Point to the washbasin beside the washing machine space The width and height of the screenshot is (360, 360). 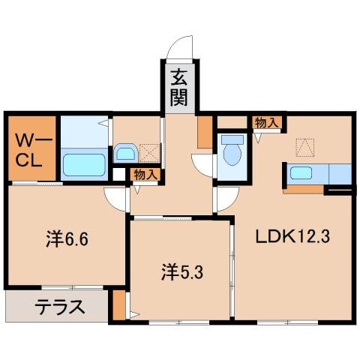click(124, 154)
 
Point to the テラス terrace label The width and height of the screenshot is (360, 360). click(58, 306)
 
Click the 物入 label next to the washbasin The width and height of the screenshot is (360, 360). click(145, 174)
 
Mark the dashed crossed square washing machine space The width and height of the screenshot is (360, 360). click(149, 153)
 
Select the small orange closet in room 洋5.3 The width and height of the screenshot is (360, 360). click(119, 307)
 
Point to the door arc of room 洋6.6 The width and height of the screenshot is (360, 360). click(115, 199)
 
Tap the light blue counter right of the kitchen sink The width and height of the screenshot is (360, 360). click(338, 173)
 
